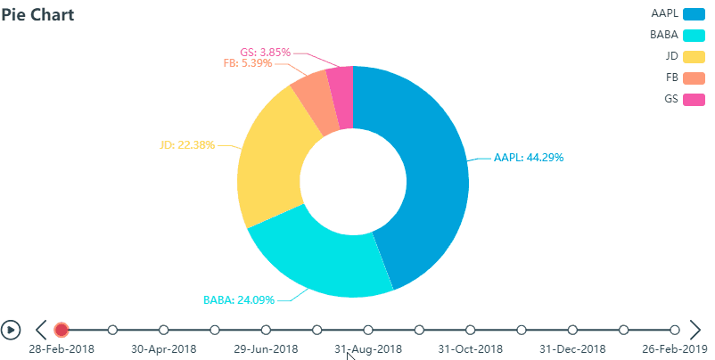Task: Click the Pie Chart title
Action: tap(37, 15)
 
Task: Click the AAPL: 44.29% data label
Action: tap(529, 158)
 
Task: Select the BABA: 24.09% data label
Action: tap(239, 299)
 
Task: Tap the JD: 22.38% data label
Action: tap(187, 144)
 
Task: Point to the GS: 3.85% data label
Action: tap(266, 52)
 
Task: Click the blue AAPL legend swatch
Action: tap(694, 14)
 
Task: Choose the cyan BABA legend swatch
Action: tap(694, 36)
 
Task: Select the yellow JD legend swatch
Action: tap(694, 56)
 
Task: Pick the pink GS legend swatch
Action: tap(694, 99)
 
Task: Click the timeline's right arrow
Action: tap(695, 330)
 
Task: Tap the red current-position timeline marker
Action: tap(61, 330)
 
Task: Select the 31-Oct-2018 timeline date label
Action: tap(472, 349)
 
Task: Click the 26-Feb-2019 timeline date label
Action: tap(675, 349)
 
